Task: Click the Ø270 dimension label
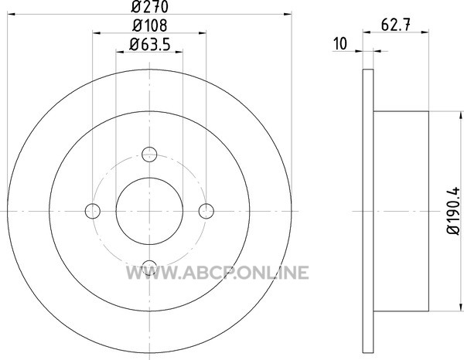pyautogui.click(x=150, y=6)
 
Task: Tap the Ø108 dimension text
pyautogui.click(x=150, y=25)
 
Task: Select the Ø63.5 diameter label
pyautogui.click(x=150, y=45)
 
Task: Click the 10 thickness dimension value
pyautogui.click(x=340, y=44)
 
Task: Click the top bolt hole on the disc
pyautogui.click(x=149, y=155)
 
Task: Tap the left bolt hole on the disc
pyautogui.click(x=93, y=211)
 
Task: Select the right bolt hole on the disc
pyautogui.click(x=206, y=211)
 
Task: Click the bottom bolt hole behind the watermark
pyautogui.click(x=149, y=268)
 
